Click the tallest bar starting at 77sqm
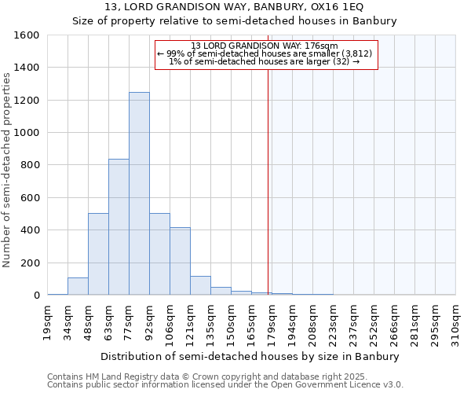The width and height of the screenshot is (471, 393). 139,193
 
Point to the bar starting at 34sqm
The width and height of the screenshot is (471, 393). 78,286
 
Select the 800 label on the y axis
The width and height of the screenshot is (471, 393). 29,165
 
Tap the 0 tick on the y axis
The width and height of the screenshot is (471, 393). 36,296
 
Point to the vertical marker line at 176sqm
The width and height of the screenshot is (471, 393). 268,196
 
